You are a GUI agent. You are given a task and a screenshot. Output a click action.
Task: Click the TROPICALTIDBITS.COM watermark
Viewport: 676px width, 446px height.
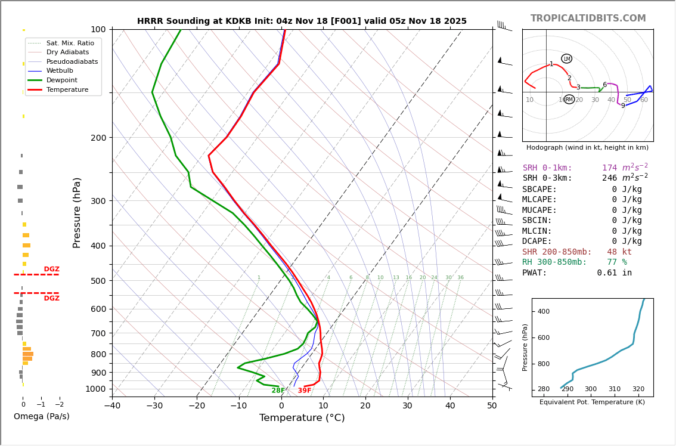pos(588,18)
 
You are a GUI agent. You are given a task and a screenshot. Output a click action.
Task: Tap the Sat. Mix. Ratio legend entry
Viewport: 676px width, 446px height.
pos(70,43)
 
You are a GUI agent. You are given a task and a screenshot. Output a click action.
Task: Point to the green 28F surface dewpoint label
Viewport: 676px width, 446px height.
pos(278,391)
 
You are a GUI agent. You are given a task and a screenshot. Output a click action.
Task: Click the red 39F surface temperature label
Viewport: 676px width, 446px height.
pos(304,391)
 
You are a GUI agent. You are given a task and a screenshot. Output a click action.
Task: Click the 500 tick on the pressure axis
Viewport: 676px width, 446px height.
pos(98,281)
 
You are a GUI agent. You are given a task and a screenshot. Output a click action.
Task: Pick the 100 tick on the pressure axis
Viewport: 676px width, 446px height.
pos(98,29)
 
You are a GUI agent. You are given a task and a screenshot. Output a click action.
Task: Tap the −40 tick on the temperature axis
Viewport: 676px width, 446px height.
pos(112,406)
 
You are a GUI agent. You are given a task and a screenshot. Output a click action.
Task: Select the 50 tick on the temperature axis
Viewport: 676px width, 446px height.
pos(492,406)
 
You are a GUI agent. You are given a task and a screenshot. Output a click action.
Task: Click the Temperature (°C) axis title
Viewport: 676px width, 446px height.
pos(302,418)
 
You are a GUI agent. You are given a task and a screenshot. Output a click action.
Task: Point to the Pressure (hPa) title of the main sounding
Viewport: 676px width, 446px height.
pos(77,212)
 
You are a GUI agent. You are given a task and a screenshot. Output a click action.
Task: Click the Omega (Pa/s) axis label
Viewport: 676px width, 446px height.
pos(41,416)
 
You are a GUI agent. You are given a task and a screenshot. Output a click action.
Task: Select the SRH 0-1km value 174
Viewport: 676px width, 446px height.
pos(609,168)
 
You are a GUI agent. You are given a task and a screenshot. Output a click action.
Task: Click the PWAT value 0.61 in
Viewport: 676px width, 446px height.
pos(614,273)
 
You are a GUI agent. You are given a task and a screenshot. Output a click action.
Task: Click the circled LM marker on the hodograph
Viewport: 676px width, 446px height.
pos(566,58)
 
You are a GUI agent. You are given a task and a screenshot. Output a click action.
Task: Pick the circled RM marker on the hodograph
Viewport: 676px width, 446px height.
pos(569,100)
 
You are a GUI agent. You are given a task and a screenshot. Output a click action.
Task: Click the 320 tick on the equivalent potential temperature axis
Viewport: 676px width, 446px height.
pos(638,389)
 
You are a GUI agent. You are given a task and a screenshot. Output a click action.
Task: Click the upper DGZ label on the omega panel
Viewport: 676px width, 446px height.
pos(51,270)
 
